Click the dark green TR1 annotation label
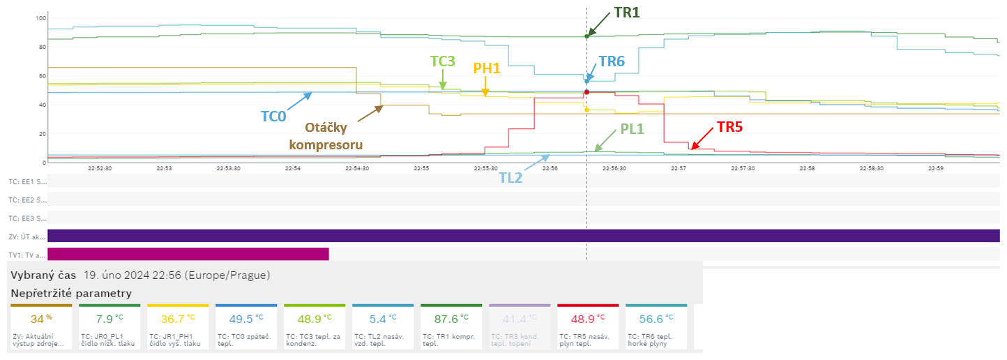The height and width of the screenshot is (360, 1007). coord(626,13)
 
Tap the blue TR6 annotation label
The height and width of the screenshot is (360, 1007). coord(611,61)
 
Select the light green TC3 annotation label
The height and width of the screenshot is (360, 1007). coord(443,61)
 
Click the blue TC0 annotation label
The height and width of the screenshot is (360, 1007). coord(273,117)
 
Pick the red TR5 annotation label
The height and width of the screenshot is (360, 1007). coord(729,128)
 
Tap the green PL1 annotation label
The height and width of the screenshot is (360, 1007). coord(633,129)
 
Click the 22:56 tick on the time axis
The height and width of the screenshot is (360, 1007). coord(550,168)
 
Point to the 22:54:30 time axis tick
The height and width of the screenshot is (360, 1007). coord(357,168)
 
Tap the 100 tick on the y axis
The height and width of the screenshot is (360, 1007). coord(40,17)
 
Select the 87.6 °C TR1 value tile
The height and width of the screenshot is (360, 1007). coord(451,327)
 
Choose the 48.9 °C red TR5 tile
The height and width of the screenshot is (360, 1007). coord(587,327)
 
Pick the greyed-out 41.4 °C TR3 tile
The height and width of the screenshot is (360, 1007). coord(520,327)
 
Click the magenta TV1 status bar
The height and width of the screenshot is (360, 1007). coord(188,254)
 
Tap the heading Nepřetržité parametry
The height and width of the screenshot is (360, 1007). coord(71,293)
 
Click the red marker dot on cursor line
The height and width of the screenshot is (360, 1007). coord(586,92)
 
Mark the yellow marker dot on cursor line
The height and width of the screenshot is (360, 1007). coord(586,110)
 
